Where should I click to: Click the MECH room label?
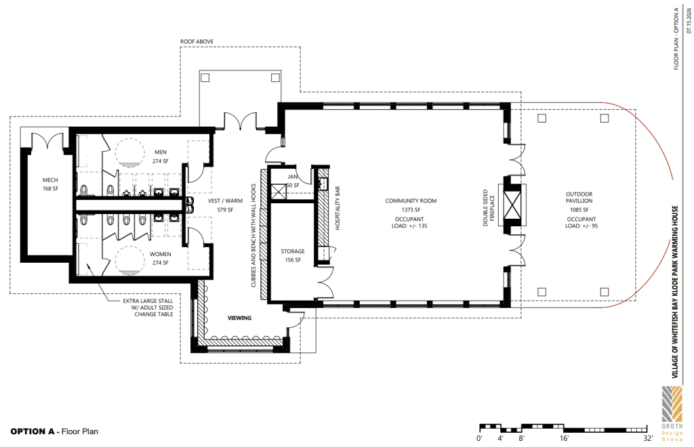coord(50,180)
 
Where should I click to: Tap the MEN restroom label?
coord(160,152)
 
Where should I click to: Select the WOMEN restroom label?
coord(160,254)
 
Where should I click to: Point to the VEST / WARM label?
coord(225,200)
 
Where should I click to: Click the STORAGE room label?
coord(293,251)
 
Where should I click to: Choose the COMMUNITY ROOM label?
coord(411,200)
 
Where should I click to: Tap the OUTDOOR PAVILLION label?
coord(579,197)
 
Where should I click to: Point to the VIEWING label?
coord(239,318)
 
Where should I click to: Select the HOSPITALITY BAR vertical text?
coord(338,208)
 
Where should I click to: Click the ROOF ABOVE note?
coord(197,41)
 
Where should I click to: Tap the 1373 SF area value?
coord(411,210)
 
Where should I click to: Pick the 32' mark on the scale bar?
coord(648,438)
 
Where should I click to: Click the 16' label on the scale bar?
coord(564,438)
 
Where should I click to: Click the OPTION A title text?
coord(33,431)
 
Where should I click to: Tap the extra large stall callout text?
coord(148,307)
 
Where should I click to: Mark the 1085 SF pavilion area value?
coord(579,210)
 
